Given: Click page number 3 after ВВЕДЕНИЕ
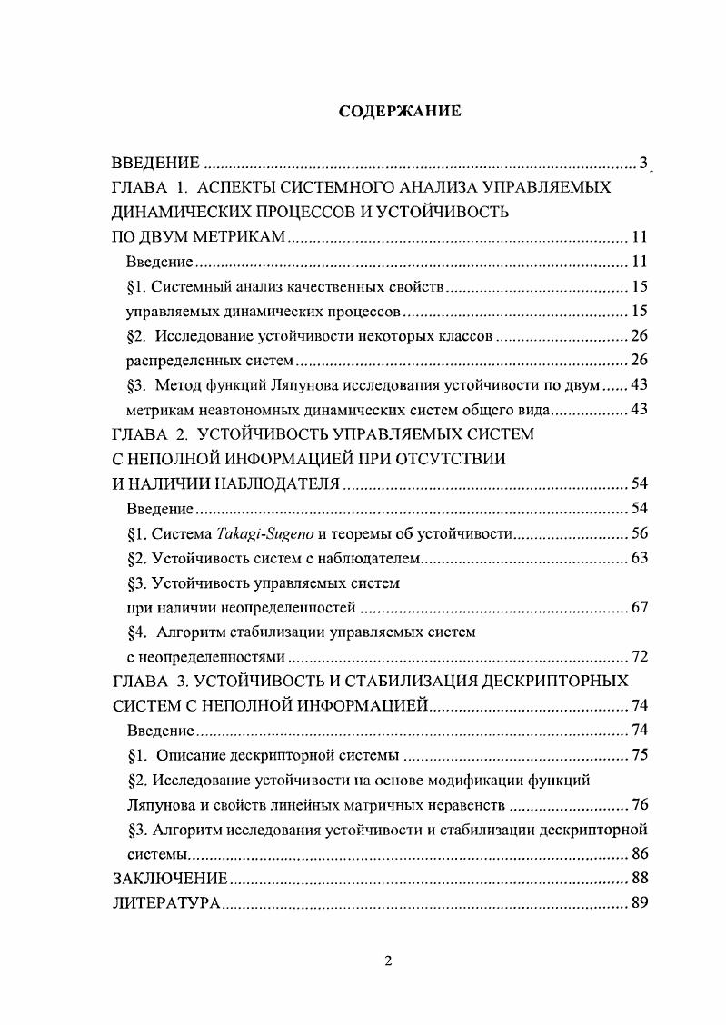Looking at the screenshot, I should tap(642, 164).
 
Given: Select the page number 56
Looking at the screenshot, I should tap(638, 533).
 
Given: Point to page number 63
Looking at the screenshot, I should tap(638, 558).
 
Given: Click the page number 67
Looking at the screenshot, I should tap(638, 607).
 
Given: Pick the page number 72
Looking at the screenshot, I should tap(638, 656).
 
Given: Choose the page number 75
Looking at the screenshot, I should tap(638, 755).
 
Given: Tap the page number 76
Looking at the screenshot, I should tap(638, 804).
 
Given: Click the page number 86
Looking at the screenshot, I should tap(638, 854).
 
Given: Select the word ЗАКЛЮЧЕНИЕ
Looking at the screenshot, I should tap(169, 879).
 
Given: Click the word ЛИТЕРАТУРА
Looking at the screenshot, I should tap(165, 904).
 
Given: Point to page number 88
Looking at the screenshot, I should tap(638, 879).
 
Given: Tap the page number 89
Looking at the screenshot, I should tap(638, 904).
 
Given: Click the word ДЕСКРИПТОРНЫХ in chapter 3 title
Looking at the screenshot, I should tap(549, 681).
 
